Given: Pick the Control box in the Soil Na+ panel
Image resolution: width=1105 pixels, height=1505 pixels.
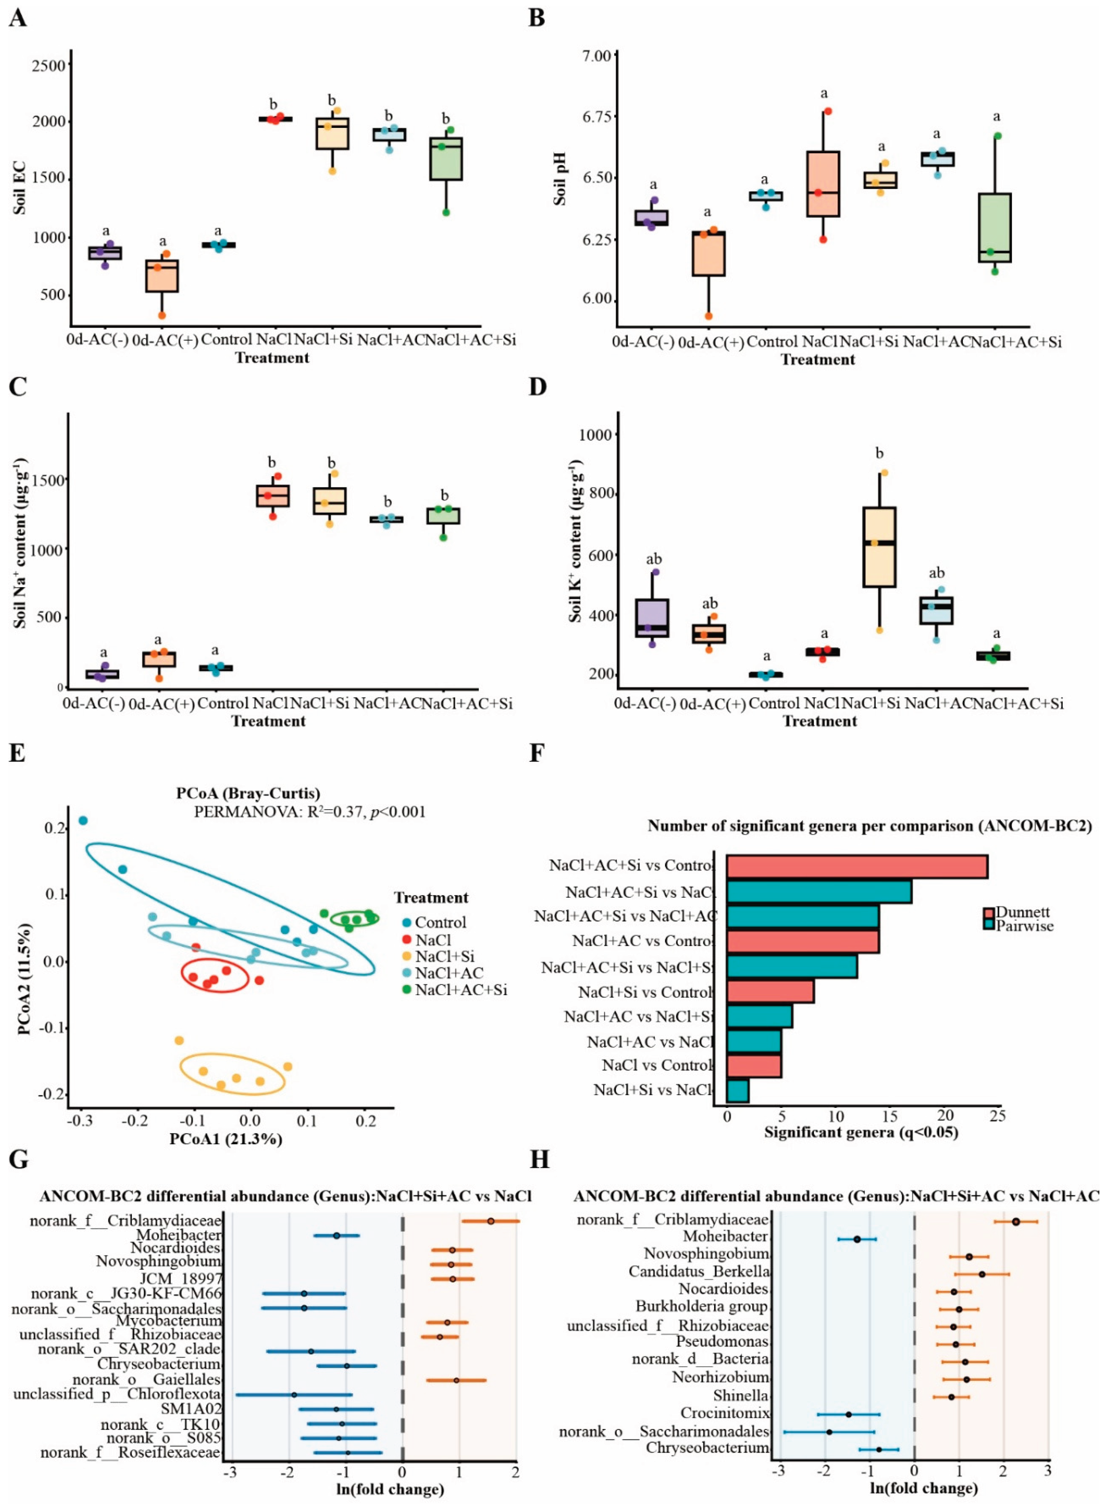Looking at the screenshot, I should (x=215, y=667).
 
